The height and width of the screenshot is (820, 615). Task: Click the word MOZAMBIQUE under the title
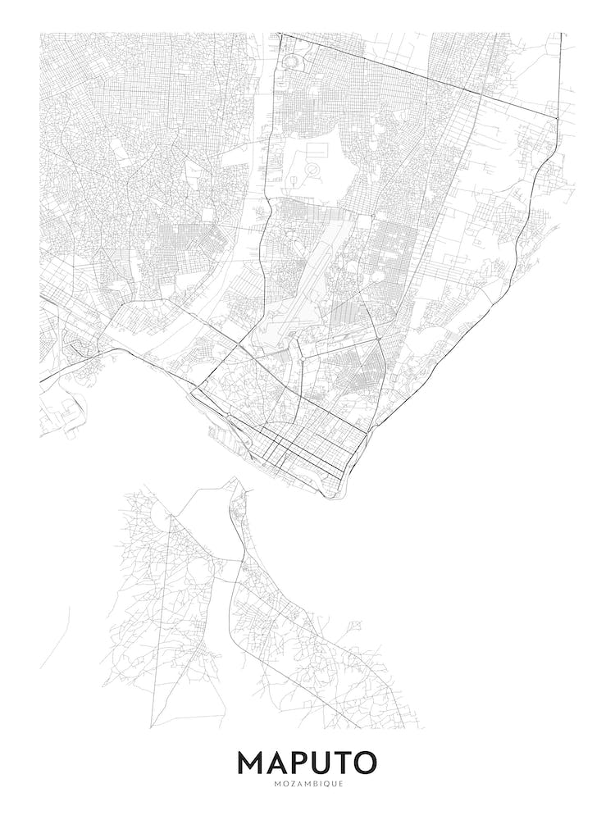(x=307, y=784)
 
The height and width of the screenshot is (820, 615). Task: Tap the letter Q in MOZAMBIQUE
(x=329, y=784)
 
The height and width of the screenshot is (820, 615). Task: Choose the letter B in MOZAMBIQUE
(x=315, y=784)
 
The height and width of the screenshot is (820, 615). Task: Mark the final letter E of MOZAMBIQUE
(x=344, y=784)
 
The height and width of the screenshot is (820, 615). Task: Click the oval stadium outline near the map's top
(x=293, y=61)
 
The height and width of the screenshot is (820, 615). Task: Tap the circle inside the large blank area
(x=312, y=170)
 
